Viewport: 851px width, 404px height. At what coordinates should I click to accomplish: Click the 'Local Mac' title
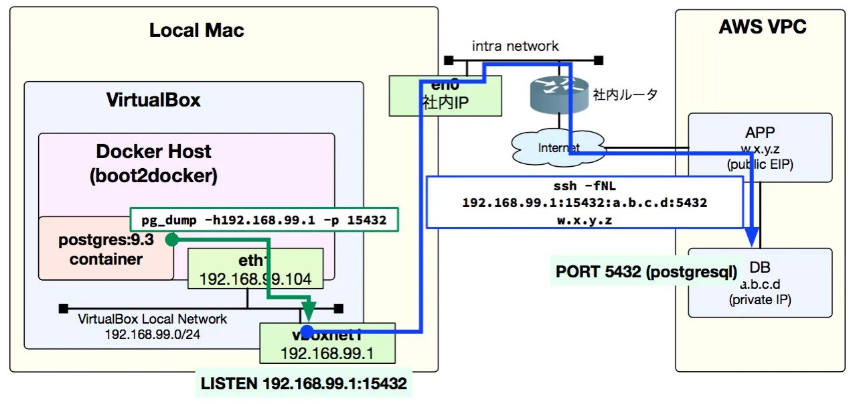196,30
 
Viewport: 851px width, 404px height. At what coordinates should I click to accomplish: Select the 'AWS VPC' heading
762,27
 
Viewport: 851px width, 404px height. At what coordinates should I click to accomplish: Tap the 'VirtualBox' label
153,100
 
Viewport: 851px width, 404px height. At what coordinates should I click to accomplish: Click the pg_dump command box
263,220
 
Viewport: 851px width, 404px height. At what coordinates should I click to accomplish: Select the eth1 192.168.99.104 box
256,269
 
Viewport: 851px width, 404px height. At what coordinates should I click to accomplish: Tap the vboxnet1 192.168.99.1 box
327,343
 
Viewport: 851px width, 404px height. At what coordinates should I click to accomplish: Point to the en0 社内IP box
445,95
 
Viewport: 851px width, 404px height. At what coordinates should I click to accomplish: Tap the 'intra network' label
515,46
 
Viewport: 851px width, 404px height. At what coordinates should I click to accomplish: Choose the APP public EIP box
760,147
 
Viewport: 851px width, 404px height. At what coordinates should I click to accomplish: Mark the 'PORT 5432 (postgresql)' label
646,272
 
